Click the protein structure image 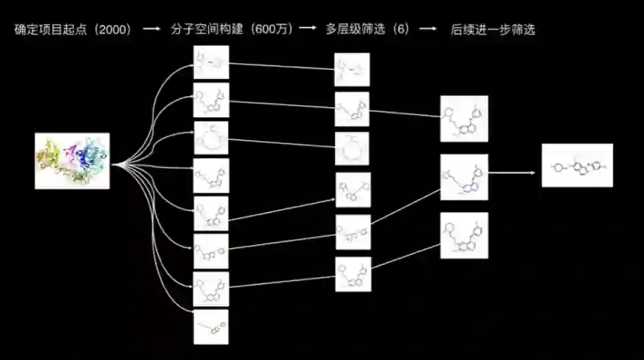point(72,160)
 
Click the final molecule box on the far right point(577,165)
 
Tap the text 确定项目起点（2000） point(73,29)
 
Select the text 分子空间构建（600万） point(233,29)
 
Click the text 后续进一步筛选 point(493,29)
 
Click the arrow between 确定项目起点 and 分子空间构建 point(151,29)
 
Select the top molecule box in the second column point(211,62)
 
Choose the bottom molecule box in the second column point(211,327)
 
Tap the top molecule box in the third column point(352,70)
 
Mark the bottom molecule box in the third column point(353,274)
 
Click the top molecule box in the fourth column point(464,118)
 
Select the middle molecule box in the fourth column point(464,177)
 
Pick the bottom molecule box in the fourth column point(464,235)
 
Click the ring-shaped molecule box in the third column point(353,149)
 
